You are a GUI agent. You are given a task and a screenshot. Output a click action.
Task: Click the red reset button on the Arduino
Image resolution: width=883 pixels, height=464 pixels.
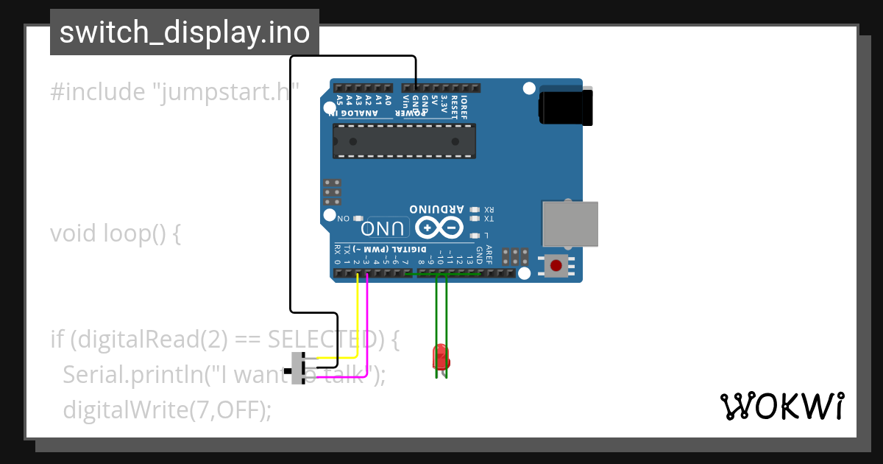point(556,265)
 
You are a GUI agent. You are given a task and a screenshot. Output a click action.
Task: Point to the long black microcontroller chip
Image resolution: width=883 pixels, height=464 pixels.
point(404,141)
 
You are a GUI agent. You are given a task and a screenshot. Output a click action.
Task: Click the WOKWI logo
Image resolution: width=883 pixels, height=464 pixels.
point(781,406)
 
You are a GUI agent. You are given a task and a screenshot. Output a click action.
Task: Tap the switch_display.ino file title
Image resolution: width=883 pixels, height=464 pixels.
point(185,32)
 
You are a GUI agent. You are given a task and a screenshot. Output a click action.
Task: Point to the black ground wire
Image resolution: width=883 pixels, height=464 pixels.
point(291,184)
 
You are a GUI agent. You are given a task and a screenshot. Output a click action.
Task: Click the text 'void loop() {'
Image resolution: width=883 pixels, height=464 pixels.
point(116,233)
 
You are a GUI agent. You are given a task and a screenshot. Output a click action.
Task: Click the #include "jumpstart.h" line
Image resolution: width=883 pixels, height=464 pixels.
point(174,92)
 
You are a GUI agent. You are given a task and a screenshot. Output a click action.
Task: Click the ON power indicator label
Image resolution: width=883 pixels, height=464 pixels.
point(344,219)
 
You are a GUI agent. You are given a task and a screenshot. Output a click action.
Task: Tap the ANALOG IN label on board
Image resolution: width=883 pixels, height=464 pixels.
point(354,113)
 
